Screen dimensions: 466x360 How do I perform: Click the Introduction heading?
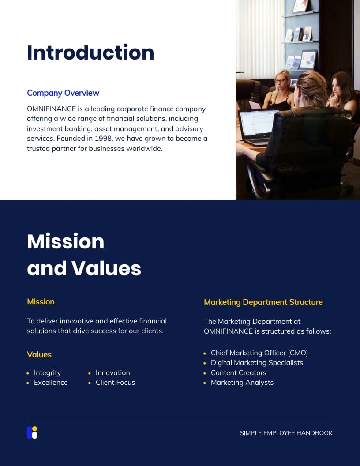point(90,53)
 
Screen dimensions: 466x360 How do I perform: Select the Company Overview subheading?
point(63,93)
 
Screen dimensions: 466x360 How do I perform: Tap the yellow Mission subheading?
point(41,302)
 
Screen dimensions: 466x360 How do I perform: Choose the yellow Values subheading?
point(39,355)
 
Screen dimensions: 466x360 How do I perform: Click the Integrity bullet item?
point(47,373)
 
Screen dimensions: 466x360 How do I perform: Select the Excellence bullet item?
point(51,383)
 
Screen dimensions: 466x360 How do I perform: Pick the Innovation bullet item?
point(112,373)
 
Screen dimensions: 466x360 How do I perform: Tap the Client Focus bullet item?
point(115,383)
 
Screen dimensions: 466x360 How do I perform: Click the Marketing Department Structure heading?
point(263,302)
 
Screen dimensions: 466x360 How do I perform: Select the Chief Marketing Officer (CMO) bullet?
point(259,353)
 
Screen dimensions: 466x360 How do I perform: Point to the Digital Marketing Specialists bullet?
point(257,363)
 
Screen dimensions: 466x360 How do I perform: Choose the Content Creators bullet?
point(238,373)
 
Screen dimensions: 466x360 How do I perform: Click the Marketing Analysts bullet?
point(242,383)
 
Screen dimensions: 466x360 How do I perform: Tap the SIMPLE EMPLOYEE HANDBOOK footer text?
point(286,433)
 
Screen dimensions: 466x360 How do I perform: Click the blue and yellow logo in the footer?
point(32,432)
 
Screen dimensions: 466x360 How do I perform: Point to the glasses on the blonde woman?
point(281,81)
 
